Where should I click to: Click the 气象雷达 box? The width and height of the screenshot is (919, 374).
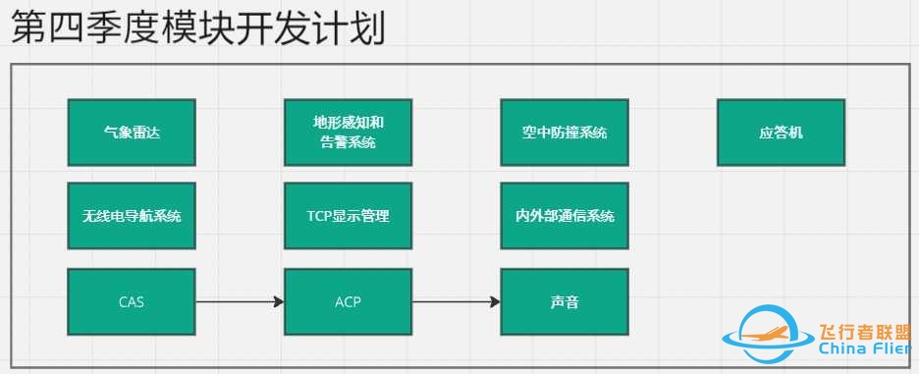point(132,132)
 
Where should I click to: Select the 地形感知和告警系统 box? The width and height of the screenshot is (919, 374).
point(348,132)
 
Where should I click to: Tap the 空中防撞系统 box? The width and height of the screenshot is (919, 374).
point(565,132)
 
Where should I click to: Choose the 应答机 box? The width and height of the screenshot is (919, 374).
point(782,132)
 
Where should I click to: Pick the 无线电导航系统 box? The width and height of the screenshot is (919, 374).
point(132,216)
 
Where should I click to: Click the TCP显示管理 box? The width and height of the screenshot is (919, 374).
point(348,216)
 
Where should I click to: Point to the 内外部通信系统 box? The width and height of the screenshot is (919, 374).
point(565,216)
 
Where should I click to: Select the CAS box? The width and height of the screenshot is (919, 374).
point(132,301)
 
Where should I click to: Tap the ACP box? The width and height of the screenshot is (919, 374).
point(348,301)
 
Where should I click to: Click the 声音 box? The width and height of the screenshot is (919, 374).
point(565,301)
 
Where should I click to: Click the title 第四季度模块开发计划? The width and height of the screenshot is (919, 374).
point(197,28)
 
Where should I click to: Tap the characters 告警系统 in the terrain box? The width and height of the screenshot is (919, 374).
point(348,142)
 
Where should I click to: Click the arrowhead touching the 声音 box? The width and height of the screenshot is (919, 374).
point(495,301)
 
